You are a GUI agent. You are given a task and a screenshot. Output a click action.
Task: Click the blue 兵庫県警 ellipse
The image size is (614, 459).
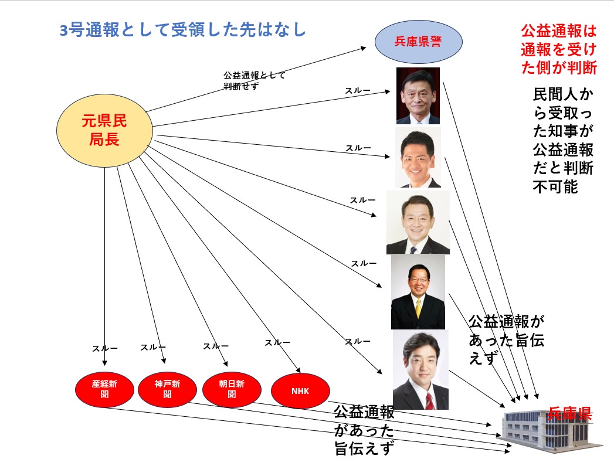coord(419,42)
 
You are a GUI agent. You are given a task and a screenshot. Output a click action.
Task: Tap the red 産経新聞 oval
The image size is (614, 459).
coord(104,389)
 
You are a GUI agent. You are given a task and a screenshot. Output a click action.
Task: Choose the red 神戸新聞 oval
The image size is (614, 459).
coord(167,389)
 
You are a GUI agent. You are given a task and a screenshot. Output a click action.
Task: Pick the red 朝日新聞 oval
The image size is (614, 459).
coord(231,389)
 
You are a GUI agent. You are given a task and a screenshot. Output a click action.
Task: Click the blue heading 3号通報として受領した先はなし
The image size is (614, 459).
coord(183,30)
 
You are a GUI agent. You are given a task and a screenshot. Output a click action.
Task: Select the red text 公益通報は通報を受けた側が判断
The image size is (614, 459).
coord(558,49)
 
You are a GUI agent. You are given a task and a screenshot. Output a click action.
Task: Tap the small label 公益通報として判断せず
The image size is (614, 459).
coord(253,80)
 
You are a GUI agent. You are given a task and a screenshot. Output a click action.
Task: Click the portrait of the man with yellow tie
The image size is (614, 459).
coord(418,291)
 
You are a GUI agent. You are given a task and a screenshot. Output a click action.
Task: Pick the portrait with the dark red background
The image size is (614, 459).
coord(418,96)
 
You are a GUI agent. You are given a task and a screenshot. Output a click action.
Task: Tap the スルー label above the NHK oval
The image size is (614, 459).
coord(277,342)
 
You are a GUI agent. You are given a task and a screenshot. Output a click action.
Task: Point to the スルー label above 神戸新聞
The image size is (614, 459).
coord(152,347)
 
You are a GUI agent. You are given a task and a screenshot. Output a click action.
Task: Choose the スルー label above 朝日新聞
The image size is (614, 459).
coord(215,346)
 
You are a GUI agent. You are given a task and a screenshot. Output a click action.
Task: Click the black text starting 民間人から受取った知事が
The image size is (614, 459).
coord(562,140)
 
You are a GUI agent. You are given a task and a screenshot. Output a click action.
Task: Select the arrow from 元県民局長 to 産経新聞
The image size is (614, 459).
coord(106,264)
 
